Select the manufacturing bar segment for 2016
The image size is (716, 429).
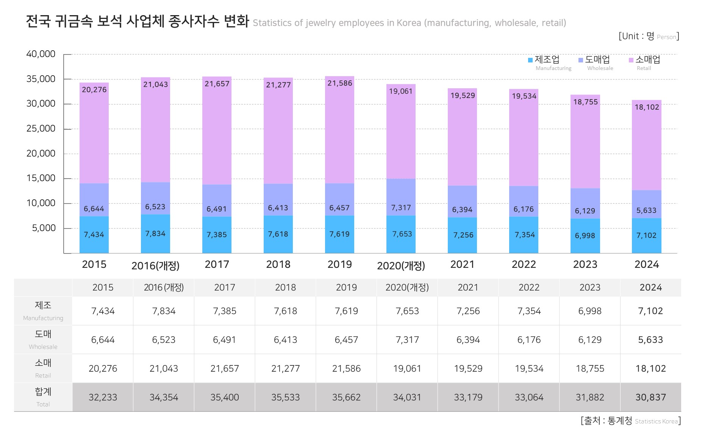(x=155, y=234)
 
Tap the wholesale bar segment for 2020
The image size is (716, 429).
(x=401, y=197)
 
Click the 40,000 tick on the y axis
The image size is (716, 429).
(x=41, y=54)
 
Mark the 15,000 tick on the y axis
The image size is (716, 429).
(x=41, y=178)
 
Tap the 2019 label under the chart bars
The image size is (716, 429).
(x=339, y=264)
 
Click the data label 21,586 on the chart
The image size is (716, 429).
(x=339, y=83)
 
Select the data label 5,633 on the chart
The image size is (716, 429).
(x=646, y=210)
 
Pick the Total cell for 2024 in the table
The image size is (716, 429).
(x=650, y=397)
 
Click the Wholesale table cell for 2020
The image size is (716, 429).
(x=407, y=340)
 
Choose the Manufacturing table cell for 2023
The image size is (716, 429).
(x=590, y=311)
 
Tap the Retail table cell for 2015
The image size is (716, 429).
(x=103, y=368)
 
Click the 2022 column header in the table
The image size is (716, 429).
(x=529, y=288)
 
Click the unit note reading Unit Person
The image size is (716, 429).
(x=649, y=36)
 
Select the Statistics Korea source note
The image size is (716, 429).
(x=630, y=421)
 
